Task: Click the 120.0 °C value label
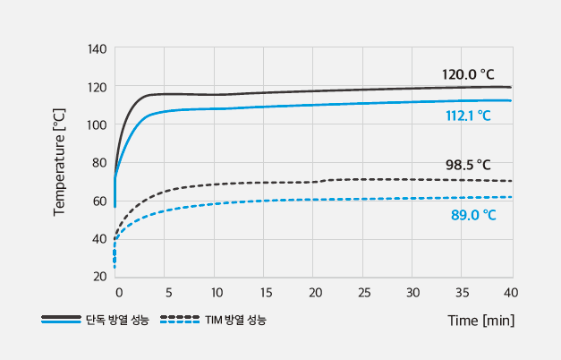[468, 74]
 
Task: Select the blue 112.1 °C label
[468, 116]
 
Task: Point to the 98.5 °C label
[468, 165]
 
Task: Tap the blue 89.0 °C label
[473, 215]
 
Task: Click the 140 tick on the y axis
[98, 48]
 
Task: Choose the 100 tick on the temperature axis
[98, 124]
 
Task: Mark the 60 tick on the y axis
[101, 201]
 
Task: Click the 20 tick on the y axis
[101, 276]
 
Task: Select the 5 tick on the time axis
[166, 293]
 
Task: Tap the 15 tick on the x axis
[265, 293]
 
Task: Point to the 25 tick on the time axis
[363, 293]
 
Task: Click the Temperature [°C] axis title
[60, 162]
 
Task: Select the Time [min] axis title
[481, 319]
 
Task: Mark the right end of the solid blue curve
[511, 100]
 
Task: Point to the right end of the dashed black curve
[511, 181]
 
